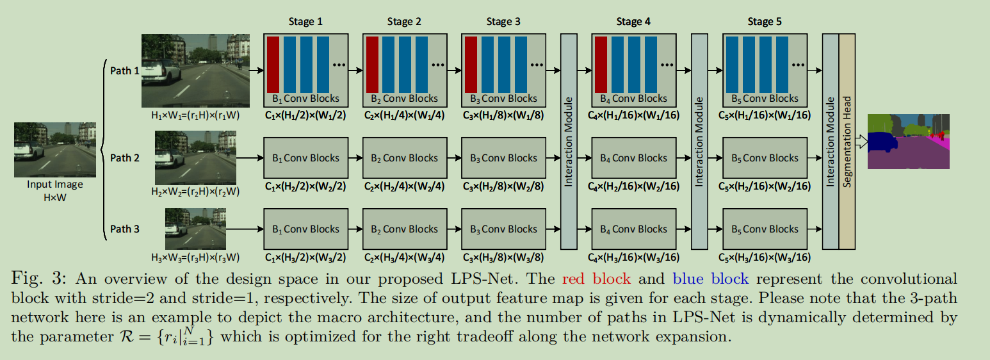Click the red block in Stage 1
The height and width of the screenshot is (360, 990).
(273, 65)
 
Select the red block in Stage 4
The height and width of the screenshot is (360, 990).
(601, 65)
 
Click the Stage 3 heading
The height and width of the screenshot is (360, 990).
(503, 22)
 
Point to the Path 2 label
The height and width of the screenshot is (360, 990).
(125, 158)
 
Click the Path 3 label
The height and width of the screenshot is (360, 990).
(125, 229)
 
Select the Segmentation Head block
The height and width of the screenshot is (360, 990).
(847, 142)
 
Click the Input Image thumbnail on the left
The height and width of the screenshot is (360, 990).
(55, 150)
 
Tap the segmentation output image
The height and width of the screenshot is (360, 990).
(908, 142)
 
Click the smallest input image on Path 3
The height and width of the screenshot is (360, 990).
(195, 229)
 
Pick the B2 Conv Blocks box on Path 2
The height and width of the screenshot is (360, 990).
(404, 158)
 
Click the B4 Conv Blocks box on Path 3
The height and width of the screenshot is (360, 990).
(633, 229)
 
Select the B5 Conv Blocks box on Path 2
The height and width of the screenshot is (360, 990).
(764, 158)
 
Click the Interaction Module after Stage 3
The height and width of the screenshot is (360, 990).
(569, 142)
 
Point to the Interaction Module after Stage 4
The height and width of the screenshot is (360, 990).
(699, 142)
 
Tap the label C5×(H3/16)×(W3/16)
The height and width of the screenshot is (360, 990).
(764, 258)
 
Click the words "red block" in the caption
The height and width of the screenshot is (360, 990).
(596, 279)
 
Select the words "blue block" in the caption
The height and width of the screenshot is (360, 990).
(710, 279)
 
